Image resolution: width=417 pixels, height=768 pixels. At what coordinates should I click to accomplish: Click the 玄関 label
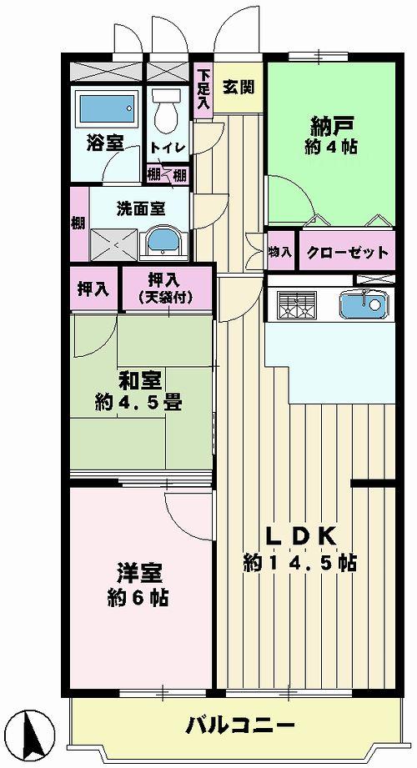click(x=239, y=87)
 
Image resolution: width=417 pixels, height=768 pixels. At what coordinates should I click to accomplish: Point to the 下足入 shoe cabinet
click(x=203, y=90)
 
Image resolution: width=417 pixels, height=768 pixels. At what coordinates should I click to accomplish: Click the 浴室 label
click(x=104, y=143)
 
